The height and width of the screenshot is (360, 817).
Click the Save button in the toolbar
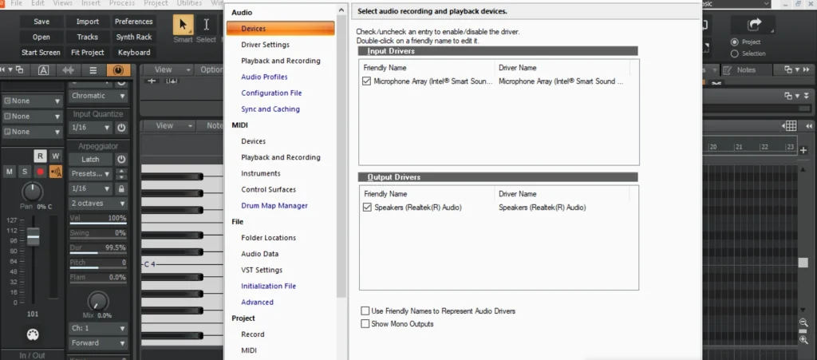pos(41,22)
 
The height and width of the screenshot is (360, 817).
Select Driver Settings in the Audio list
pos(265,45)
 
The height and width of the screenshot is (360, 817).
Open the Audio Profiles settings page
pos(264,77)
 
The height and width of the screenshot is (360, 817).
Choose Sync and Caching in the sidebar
pos(270,109)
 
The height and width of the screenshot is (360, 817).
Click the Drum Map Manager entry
pos(274,205)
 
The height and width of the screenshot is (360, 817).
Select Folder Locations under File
pos(268,237)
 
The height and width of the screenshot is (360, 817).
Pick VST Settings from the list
pos(262,270)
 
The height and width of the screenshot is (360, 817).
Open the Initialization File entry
pos(268,286)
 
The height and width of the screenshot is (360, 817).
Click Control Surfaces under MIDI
pos(268,189)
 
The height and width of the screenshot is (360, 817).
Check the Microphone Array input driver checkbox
pos(367,81)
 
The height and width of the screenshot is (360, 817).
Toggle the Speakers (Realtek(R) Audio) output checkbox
pos(367,208)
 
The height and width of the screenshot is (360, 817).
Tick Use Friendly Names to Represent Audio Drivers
pos(365,311)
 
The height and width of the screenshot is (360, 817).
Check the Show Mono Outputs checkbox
pos(365,323)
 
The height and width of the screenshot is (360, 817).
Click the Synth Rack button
pos(133,37)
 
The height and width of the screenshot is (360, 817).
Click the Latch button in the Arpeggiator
pos(90,159)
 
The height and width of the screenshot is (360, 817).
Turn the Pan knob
pos(32,192)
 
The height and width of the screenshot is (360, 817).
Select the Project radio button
pos(735,42)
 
